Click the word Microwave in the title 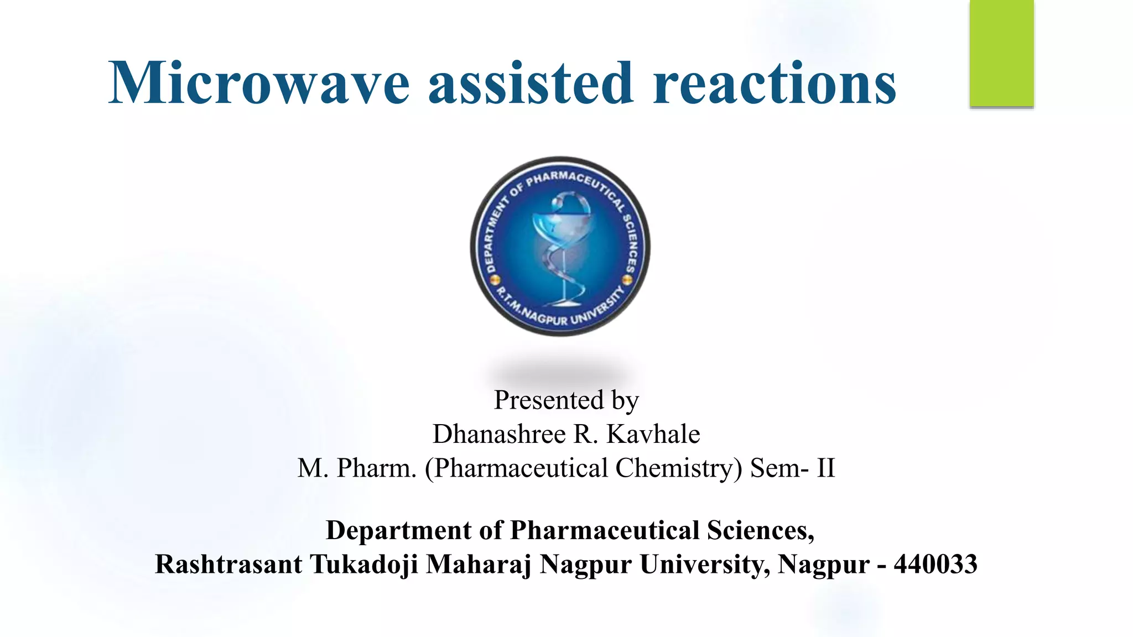point(258,83)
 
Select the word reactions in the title point(775,83)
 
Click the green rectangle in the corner point(1001,53)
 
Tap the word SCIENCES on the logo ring point(631,243)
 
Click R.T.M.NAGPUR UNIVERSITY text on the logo point(559,310)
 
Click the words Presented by point(566,400)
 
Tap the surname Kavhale point(653,434)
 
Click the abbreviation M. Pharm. point(356,468)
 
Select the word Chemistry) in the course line point(678,468)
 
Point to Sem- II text point(792,468)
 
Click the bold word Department point(398,530)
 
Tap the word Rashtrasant point(228,565)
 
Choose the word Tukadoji point(363,565)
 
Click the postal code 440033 point(935,565)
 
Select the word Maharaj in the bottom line point(478,565)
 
